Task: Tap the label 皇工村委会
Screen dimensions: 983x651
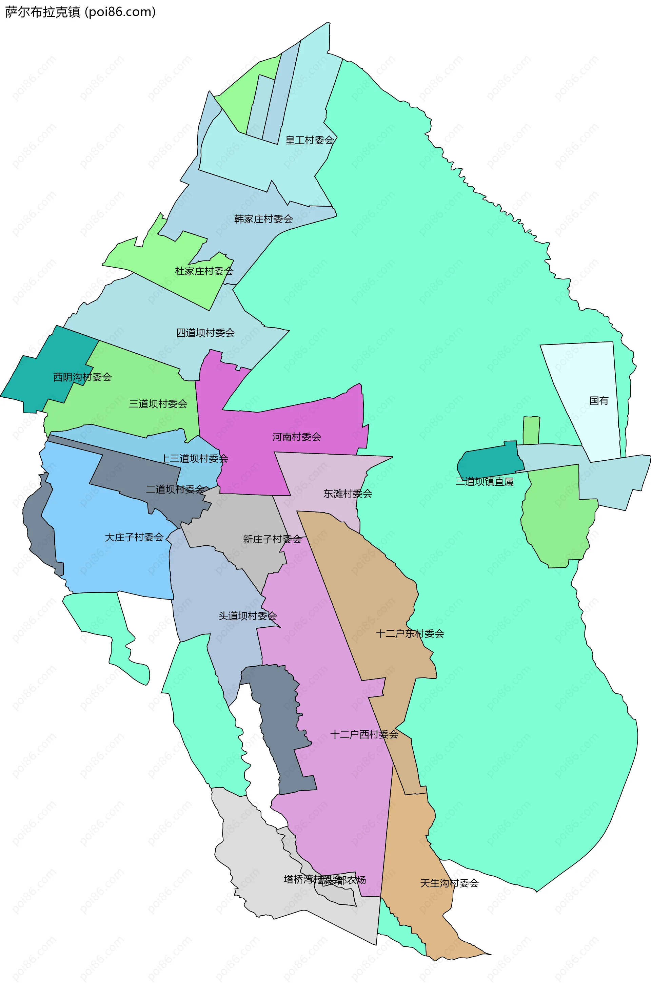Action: tap(309, 140)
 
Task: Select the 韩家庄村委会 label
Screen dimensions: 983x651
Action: tap(263, 219)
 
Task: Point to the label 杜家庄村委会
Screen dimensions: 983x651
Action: tap(204, 271)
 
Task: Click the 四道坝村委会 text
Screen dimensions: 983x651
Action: tap(205, 333)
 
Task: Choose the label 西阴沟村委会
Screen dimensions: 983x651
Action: tap(82, 377)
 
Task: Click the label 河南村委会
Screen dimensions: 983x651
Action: tap(296, 437)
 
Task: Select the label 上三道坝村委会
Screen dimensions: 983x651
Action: tap(194, 458)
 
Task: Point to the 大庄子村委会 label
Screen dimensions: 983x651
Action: tap(134, 537)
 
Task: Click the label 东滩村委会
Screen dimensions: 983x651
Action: tap(348, 494)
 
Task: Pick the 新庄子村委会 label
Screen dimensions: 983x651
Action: tap(272, 539)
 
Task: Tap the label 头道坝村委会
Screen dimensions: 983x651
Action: tap(248, 616)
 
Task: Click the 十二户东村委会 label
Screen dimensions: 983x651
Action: tap(410, 633)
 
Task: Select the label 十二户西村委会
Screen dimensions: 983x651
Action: tap(364, 735)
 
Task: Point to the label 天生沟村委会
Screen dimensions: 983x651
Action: tap(449, 883)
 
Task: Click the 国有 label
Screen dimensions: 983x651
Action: tap(599, 401)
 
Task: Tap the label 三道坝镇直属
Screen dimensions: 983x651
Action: tap(484, 482)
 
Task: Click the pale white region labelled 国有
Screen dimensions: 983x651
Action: tap(586, 373)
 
